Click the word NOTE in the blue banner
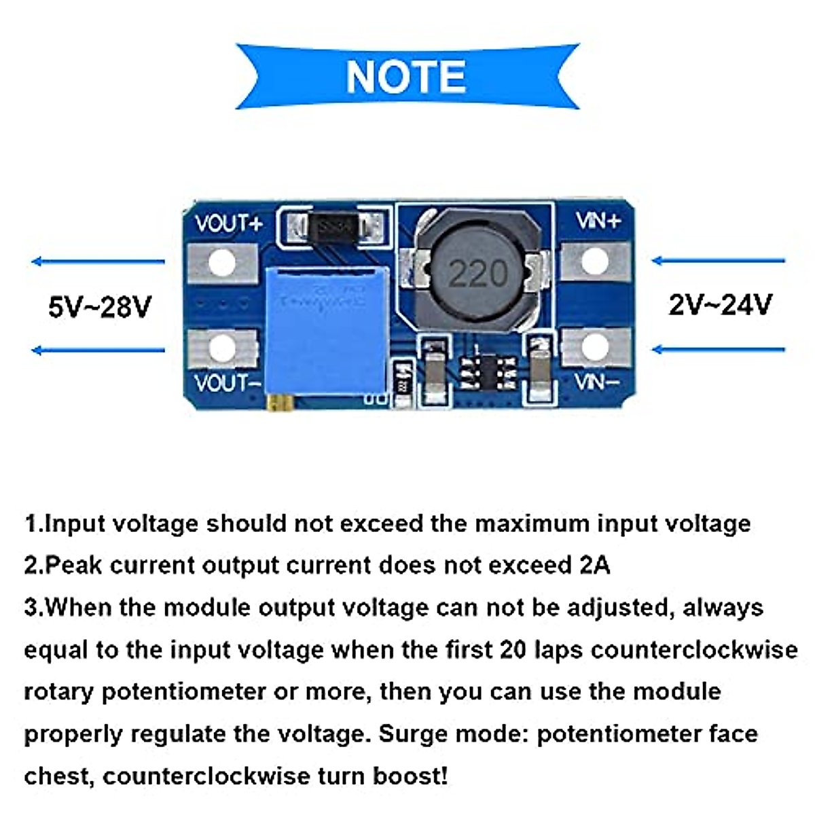(405, 76)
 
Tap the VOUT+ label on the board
(228, 224)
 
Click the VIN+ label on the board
(598, 221)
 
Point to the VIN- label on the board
(597, 382)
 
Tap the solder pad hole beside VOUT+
(222, 263)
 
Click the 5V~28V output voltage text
(99, 307)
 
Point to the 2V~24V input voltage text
(720, 305)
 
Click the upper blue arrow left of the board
(98, 261)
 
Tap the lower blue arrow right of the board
(718, 350)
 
